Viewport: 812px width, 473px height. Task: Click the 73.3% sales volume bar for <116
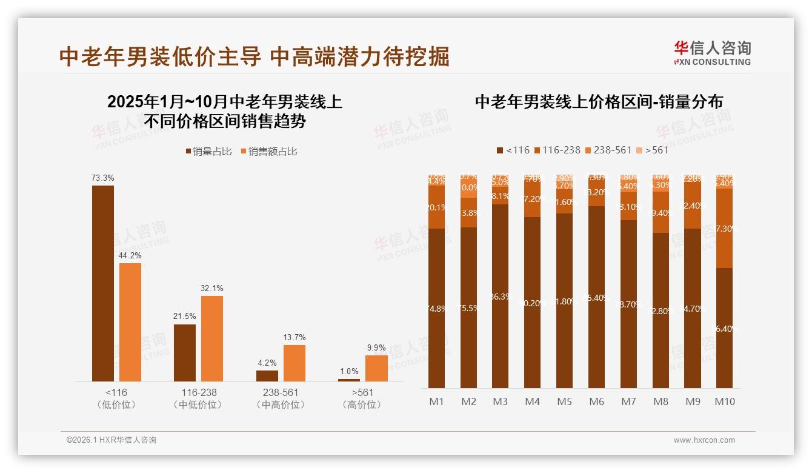pos(103,283)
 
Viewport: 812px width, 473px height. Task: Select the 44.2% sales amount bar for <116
pos(130,322)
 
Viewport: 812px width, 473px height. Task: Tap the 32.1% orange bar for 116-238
pos(212,338)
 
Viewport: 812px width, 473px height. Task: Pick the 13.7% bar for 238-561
pos(295,363)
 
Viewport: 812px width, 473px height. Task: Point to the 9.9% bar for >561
pos(376,368)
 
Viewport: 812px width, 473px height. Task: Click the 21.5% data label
pos(185,317)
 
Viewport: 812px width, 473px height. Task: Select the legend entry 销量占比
pos(208,152)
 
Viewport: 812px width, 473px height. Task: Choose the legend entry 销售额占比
pos(270,152)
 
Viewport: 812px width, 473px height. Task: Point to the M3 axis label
pos(501,401)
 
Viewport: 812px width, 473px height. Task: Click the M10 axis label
pos(725,401)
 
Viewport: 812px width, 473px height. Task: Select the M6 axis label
pos(596,401)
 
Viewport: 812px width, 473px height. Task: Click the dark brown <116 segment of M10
pos(725,327)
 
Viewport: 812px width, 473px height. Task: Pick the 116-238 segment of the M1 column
pos(437,207)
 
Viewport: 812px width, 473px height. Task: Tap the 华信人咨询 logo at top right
pos(712,53)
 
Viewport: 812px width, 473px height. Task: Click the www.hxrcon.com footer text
pos(704,440)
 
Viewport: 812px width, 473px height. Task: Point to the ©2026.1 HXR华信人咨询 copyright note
pos(111,440)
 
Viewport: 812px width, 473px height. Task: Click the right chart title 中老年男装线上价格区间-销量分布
pos(599,102)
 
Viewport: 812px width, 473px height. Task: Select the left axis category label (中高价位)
pos(281,404)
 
